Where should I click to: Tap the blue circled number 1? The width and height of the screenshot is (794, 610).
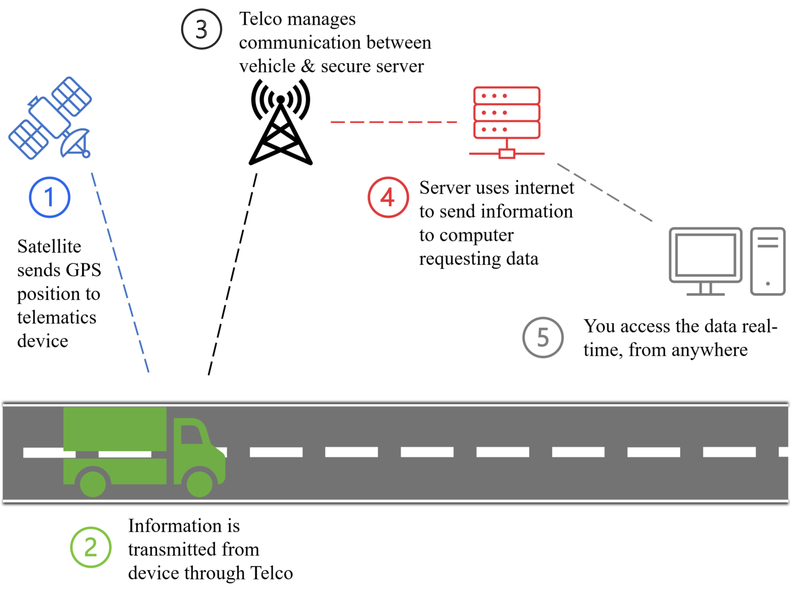(x=50, y=197)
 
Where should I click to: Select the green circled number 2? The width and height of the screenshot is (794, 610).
(x=91, y=547)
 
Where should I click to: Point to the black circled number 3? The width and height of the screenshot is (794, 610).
(x=202, y=29)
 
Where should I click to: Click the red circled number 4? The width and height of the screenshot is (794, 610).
(x=388, y=197)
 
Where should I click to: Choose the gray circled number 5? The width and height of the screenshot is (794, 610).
(x=543, y=338)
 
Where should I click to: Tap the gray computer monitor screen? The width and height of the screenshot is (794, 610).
(x=706, y=254)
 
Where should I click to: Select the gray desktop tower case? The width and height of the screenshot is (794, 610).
(x=768, y=261)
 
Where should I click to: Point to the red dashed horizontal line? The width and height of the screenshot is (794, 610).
(x=393, y=123)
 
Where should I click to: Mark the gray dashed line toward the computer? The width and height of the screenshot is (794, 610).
(x=605, y=192)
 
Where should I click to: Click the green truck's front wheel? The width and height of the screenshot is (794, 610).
(x=200, y=483)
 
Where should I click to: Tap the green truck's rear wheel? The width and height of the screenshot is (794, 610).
(x=93, y=483)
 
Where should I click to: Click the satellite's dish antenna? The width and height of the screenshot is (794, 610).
(x=75, y=142)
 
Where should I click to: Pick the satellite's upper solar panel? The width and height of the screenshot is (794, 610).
(x=72, y=97)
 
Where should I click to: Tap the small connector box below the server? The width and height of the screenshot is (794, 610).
(x=507, y=154)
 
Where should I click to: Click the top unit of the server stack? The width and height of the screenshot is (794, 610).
(x=507, y=96)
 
